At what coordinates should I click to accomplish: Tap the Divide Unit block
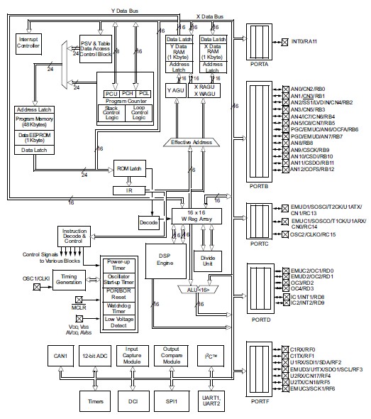pyautogui.click(x=208, y=260)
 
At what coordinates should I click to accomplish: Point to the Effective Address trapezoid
pyautogui.click(x=192, y=142)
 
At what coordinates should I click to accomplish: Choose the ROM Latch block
pyautogui.click(x=128, y=170)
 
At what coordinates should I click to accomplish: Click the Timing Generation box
pyautogui.click(x=70, y=281)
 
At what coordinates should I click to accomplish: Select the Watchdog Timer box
pyautogui.click(x=121, y=307)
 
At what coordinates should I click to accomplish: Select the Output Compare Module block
pyautogui.click(x=171, y=355)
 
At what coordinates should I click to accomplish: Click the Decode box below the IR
pyautogui.click(x=148, y=222)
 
